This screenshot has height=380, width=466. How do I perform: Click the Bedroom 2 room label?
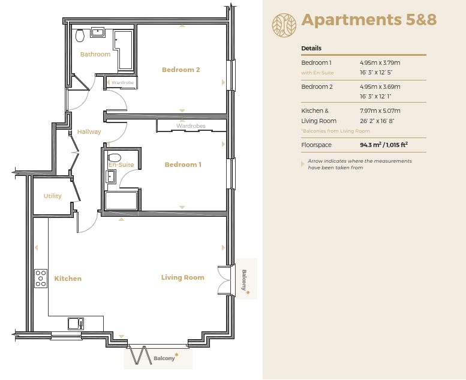point(181,70)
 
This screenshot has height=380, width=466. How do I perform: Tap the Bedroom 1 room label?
point(183,164)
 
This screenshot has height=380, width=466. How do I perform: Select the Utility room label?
point(53,196)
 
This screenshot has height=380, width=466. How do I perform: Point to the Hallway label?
point(89,131)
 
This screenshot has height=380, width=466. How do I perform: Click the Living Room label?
point(182,277)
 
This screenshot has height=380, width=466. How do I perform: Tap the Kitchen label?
point(68,279)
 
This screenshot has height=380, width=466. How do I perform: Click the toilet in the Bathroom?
point(80,35)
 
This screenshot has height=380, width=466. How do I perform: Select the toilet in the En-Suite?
point(114,157)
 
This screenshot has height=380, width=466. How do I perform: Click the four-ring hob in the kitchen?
point(41,278)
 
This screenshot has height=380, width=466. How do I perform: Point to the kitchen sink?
point(76,324)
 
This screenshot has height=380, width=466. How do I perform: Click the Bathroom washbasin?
point(97,32)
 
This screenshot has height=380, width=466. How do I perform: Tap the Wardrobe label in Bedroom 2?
point(122,82)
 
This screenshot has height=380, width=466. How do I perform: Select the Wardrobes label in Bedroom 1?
point(191,126)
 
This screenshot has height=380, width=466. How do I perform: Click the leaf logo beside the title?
point(284,25)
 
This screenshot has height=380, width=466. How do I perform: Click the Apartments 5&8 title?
point(369,20)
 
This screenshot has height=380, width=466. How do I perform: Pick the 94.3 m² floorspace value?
point(371,145)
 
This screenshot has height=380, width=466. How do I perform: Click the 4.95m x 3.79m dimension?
point(380,63)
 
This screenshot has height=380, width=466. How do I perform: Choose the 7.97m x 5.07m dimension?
point(380,110)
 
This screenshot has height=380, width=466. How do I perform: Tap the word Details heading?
point(311,48)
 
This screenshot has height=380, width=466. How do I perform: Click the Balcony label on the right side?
point(244,280)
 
